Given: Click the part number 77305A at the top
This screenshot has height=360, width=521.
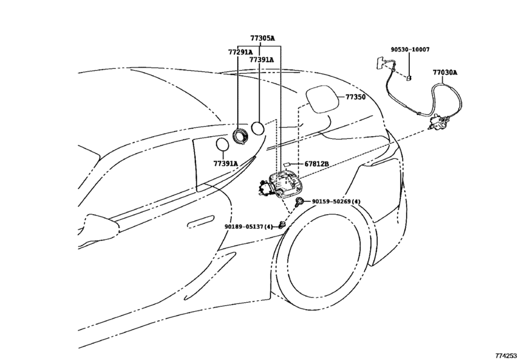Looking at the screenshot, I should pyautogui.click(x=262, y=39).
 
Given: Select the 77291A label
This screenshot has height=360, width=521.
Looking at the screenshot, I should pyautogui.click(x=240, y=51).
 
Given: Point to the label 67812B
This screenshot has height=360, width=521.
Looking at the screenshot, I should pyautogui.click(x=317, y=164).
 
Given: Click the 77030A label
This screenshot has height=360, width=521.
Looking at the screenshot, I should pyautogui.click(x=445, y=73).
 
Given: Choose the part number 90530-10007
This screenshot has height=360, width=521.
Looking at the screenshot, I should pyautogui.click(x=410, y=50).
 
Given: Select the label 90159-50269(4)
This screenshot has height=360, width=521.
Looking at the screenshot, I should pyautogui.click(x=336, y=201).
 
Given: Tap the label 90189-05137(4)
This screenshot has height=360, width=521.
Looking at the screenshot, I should pyautogui.click(x=249, y=226).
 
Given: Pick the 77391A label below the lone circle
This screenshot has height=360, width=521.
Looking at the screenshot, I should pyautogui.click(x=225, y=163).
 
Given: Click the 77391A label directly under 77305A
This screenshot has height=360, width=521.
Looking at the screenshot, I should pyautogui.click(x=261, y=60).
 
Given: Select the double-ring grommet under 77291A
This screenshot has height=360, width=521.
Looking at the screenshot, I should pyautogui.click(x=243, y=134).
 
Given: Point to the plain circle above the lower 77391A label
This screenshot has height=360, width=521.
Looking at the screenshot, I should pyautogui.click(x=222, y=145).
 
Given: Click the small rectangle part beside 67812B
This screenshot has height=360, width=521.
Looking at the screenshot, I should pyautogui.click(x=288, y=165).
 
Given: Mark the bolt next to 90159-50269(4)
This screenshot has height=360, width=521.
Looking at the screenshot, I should pyautogui.click(x=300, y=202).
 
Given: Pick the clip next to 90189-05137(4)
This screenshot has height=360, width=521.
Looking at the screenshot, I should pyautogui.click(x=282, y=224).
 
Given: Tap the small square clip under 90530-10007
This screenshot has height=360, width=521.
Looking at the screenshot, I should pyautogui.click(x=408, y=78).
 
